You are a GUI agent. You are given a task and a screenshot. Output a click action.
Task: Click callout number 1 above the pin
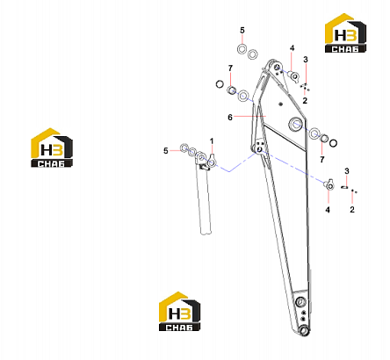coord(212,141)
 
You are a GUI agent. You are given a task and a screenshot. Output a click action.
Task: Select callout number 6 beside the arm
coord(230,118)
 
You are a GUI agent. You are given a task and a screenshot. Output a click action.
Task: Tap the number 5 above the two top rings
coord(242,30)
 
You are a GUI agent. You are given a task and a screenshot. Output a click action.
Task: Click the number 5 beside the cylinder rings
coord(166,151)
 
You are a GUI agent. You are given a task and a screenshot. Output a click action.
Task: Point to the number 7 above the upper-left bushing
coord(230,68)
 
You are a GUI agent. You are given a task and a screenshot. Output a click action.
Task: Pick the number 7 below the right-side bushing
coord(322,160)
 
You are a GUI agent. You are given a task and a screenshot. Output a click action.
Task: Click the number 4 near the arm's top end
coord(292,48)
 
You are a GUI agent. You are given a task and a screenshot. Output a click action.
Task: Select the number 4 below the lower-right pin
coord(328,210)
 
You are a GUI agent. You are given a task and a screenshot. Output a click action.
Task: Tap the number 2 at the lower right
coord(352,210)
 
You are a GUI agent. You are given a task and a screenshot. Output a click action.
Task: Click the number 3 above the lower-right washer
coord(347,171)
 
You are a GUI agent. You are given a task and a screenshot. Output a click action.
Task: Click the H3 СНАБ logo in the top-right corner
coord(345,33)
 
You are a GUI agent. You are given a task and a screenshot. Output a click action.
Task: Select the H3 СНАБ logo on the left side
coord(52,148)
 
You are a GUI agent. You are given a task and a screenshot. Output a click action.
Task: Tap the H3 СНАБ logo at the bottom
coord(180,312)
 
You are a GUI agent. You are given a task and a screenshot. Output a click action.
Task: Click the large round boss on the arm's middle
coord(295,124)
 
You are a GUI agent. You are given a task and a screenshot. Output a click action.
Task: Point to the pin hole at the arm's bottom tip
coord(305,330)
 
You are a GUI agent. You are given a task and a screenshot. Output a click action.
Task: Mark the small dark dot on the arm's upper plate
coord(280,104)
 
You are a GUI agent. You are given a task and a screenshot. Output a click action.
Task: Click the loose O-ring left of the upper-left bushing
coord(220,84)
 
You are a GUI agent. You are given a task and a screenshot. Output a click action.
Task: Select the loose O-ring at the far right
coord(333,143)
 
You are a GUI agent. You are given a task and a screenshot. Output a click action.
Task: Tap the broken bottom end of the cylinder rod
coord(206,232)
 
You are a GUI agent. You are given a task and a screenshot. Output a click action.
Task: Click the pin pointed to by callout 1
coord(212,161)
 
